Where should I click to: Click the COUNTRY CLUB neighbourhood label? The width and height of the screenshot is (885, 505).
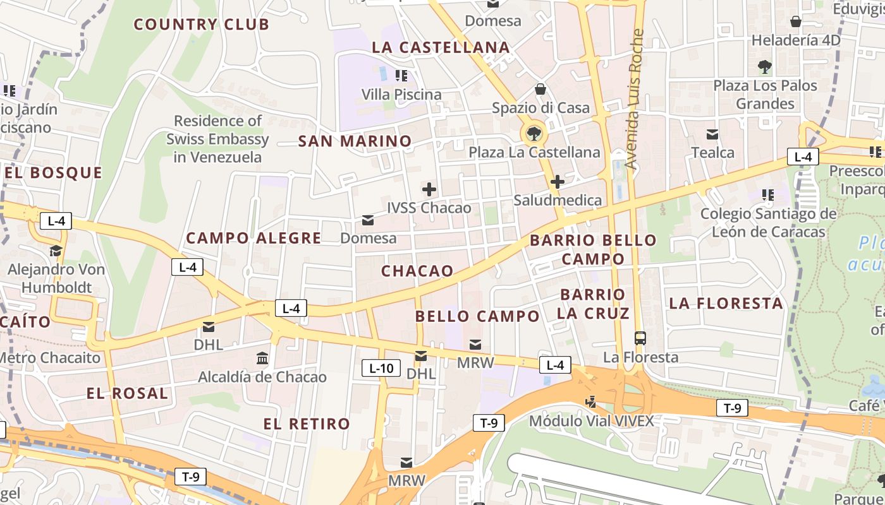point(202,25)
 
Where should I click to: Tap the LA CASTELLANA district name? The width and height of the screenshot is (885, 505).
point(441,47)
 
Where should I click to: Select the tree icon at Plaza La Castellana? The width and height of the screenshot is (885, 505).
point(534,133)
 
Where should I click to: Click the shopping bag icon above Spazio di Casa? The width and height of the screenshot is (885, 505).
point(540,89)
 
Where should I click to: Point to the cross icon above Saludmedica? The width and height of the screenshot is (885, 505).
point(557,182)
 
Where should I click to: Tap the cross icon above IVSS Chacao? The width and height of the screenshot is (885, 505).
point(429,189)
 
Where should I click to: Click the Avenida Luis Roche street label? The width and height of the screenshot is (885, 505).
point(635,99)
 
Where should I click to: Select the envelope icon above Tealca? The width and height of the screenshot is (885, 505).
point(712,134)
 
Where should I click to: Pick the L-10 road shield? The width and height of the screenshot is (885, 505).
point(381,368)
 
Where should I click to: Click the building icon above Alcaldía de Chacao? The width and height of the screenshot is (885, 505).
point(262,359)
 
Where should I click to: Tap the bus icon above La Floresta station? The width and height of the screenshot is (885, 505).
point(640,338)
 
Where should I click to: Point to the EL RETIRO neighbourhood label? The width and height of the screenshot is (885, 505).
point(307,424)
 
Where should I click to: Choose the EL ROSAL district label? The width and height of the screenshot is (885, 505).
point(128,393)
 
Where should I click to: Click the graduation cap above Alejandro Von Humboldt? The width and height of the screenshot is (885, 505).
point(56,251)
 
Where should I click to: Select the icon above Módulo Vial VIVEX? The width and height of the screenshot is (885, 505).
point(591,401)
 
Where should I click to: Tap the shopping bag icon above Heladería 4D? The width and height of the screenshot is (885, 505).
point(796,22)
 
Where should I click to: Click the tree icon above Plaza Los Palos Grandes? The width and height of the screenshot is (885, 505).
point(765,66)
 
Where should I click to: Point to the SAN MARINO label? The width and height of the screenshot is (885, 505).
point(355,141)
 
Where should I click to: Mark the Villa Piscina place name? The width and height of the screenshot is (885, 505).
point(401,95)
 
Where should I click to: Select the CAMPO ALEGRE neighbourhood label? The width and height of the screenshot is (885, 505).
point(253,238)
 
